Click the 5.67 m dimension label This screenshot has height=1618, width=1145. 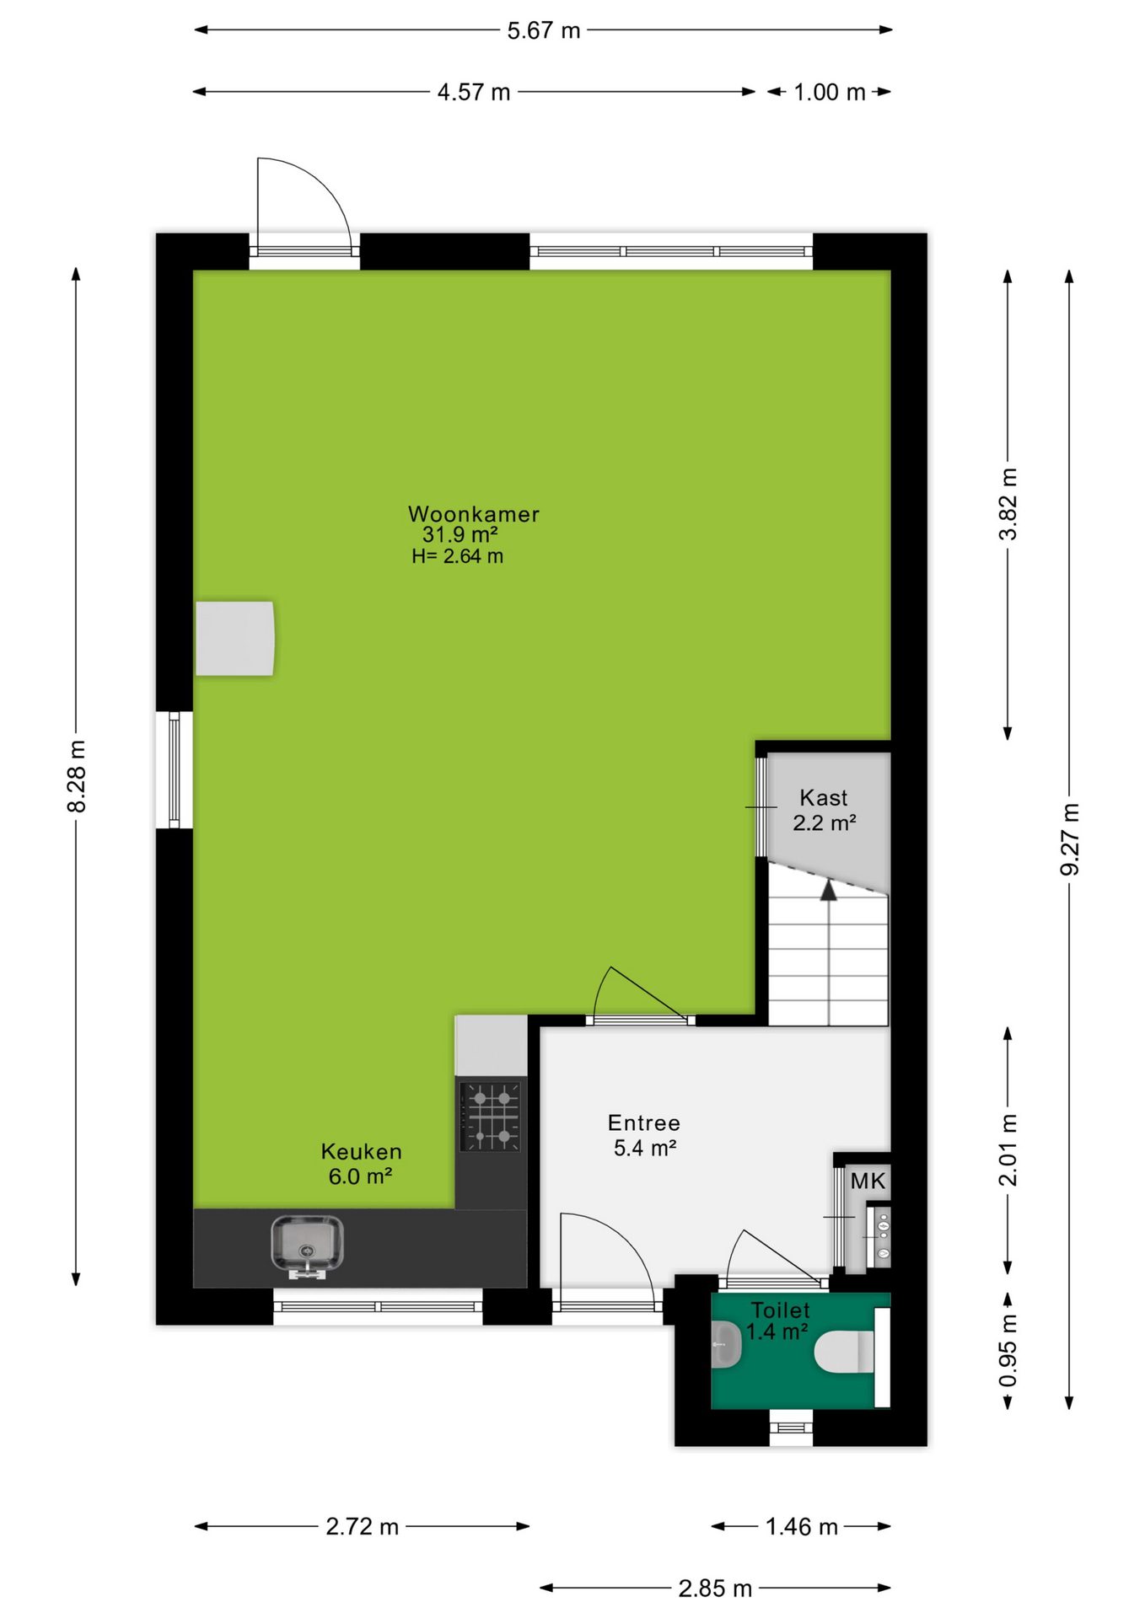pyautogui.click(x=544, y=31)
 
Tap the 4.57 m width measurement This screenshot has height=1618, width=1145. pyautogui.click(x=474, y=93)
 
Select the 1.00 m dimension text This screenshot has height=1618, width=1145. pyautogui.click(x=830, y=93)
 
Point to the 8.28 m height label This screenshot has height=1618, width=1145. pyautogui.click(x=77, y=776)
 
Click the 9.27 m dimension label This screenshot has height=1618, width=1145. pyautogui.click(x=1070, y=839)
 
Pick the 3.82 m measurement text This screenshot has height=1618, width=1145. pyautogui.click(x=1008, y=504)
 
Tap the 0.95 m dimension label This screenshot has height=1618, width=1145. pyautogui.click(x=1008, y=1350)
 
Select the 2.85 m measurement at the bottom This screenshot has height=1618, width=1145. pyautogui.click(x=715, y=1589)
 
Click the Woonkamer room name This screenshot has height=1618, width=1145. pyautogui.click(x=474, y=514)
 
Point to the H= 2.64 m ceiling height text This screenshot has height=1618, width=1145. pyautogui.click(x=458, y=556)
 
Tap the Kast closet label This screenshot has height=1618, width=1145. pyautogui.click(x=824, y=797)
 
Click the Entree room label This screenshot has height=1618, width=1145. pyautogui.click(x=644, y=1122)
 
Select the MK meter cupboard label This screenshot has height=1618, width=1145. pyautogui.click(x=868, y=1181)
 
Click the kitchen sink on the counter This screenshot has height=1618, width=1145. pyautogui.click(x=307, y=1246)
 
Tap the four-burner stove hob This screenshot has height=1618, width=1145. pyautogui.click(x=490, y=1117)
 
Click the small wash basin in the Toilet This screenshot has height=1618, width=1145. pyautogui.click(x=726, y=1344)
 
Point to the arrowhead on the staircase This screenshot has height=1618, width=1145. pyautogui.click(x=829, y=890)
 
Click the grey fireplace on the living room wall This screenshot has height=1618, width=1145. pyautogui.click(x=235, y=638)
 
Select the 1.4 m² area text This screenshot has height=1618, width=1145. pyautogui.click(x=777, y=1332)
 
